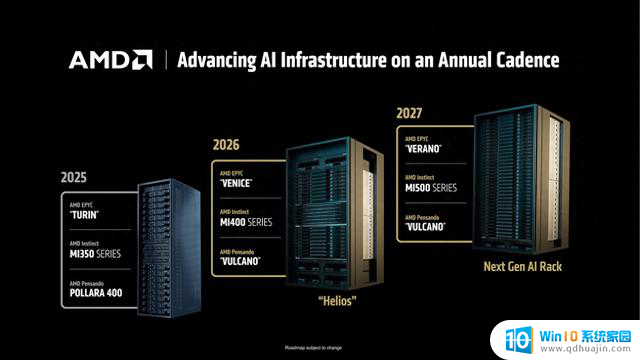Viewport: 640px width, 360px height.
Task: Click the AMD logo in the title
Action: [x=110, y=59]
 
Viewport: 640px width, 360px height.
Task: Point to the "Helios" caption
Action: [x=339, y=299]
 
